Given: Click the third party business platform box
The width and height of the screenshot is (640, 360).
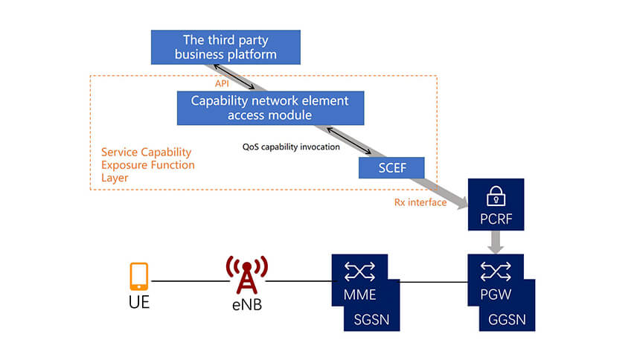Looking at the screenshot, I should [x=225, y=46].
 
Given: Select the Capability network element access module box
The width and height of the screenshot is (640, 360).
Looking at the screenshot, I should [x=270, y=108].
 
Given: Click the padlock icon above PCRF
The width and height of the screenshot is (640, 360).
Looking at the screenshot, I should [x=496, y=196].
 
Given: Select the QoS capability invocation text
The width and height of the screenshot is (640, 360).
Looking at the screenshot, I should [x=291, y=147].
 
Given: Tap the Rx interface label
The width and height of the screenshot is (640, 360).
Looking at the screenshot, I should [x=420, y=202].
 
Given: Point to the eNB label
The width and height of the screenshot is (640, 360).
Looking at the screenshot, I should [x=246, y=304].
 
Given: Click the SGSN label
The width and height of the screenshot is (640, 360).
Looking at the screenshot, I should [x=371, y=320].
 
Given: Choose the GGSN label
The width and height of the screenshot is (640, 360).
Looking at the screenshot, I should [x=508, y=320].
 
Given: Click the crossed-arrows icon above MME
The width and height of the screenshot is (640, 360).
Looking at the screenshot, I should [x=359, y=270].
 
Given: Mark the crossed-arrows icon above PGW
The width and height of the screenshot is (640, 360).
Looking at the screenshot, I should [x=496, y=270].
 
